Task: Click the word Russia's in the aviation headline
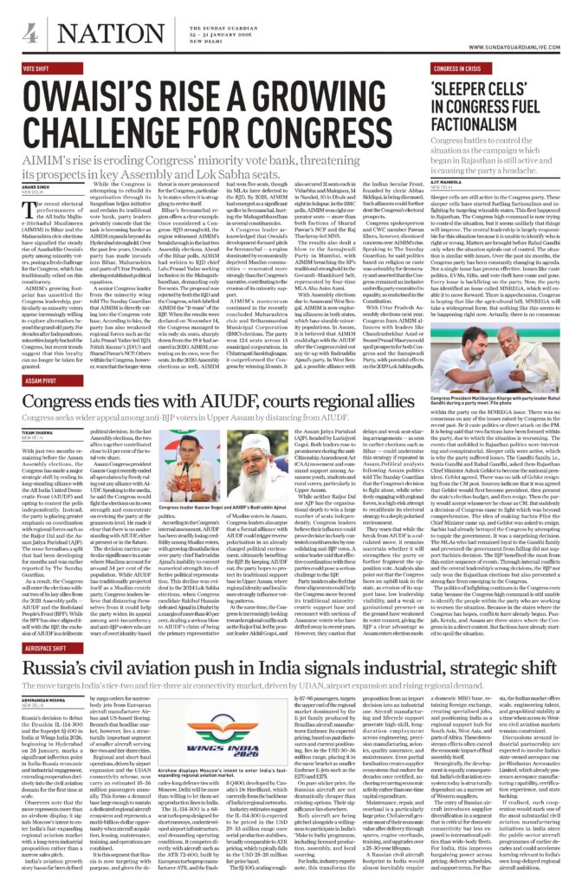(58, 669)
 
